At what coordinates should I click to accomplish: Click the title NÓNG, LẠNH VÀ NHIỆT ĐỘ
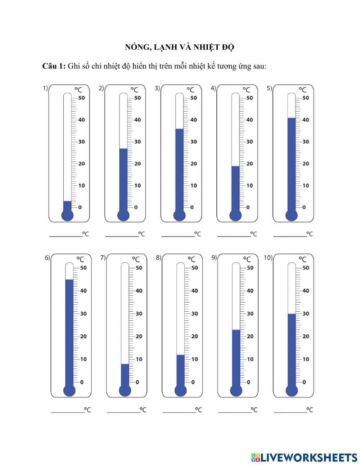(180, 47)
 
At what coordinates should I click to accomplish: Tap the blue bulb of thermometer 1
(67, 215)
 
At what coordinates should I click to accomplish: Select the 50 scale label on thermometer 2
(137, 98)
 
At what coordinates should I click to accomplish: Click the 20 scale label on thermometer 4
(249, 164)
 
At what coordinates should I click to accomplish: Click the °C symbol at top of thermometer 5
(302, 89)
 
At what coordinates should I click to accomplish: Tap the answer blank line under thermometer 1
(66, 236)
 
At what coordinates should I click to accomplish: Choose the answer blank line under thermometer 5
(290, 236)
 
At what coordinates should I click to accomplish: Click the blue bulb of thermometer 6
(69, 390)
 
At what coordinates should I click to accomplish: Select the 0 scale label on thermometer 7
(137, 382)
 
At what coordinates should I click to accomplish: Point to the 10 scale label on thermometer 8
(194, 359)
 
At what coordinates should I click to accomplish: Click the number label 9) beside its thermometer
(214, 258)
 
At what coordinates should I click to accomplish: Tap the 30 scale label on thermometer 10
(306, 313)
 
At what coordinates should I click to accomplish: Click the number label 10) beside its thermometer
(268, 258)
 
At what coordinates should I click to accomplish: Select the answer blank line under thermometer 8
(179, 412)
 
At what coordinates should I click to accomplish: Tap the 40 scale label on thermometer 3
(193, 120)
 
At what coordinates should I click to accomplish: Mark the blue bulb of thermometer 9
(236, 390)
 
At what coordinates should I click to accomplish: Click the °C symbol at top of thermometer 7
(136, 259)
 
